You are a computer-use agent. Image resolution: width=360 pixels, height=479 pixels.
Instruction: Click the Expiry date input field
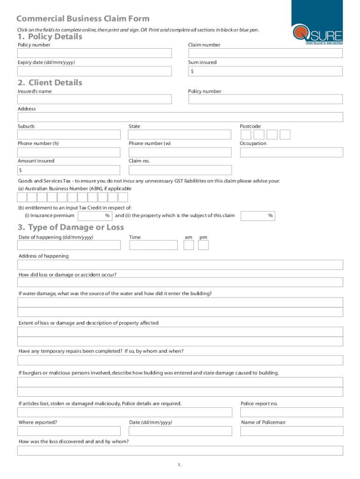[94, 71]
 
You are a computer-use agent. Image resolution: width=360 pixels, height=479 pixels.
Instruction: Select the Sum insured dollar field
[266, 71]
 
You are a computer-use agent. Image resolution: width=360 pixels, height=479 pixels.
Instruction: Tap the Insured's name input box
[94, 100]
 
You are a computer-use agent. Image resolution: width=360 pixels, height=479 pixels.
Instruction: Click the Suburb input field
[69, 135]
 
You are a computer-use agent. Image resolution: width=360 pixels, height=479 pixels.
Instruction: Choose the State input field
[180, 135]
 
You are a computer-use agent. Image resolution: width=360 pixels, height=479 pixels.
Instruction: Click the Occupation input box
[291, 152]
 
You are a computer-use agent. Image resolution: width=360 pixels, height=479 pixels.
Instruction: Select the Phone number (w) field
[180, 152]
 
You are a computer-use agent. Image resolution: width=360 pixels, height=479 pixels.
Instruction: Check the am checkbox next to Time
[189, 245]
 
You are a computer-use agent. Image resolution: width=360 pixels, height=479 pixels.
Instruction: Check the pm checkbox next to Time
[203, 245]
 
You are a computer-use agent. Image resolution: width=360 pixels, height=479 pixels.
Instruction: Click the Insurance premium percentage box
[95, 216]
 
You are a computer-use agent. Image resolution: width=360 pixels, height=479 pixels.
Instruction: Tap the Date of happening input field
[69, 245]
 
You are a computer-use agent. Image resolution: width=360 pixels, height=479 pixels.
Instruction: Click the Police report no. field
[291, 412]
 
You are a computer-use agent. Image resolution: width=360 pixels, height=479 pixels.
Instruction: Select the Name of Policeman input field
[291, 431]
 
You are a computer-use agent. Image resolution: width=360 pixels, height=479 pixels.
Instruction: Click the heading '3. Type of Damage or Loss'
[71, 227]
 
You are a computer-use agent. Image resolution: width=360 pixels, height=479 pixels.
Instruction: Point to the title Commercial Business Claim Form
[83, 19]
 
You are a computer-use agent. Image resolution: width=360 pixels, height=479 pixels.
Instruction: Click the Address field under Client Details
[180, 117]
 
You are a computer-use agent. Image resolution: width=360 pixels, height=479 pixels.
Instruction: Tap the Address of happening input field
[180, 265]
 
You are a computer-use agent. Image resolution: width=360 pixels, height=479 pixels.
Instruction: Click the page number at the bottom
[179, 464]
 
